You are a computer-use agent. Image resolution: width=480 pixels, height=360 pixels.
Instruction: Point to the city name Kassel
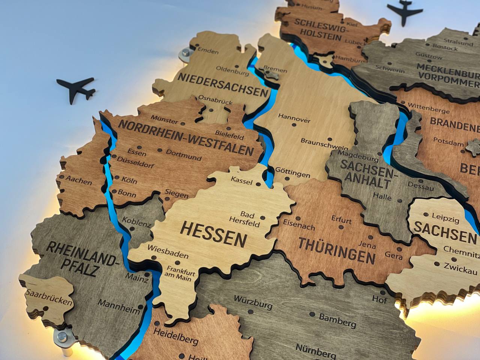coord(242,180)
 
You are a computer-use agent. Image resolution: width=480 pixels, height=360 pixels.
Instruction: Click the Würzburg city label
coord(253,302)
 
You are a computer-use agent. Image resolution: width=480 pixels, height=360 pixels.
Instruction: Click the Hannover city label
coord(295,117)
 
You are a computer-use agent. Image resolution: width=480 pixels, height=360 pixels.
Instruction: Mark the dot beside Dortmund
coord(160,150)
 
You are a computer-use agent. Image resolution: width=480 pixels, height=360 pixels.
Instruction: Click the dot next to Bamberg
coord(312,314)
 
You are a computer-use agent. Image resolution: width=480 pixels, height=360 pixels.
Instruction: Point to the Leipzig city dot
coord(426,215)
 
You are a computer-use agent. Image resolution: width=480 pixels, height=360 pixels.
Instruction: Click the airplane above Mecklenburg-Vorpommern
coord(405,12)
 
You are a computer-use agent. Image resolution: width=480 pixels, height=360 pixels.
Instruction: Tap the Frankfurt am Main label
coord(179,274)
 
